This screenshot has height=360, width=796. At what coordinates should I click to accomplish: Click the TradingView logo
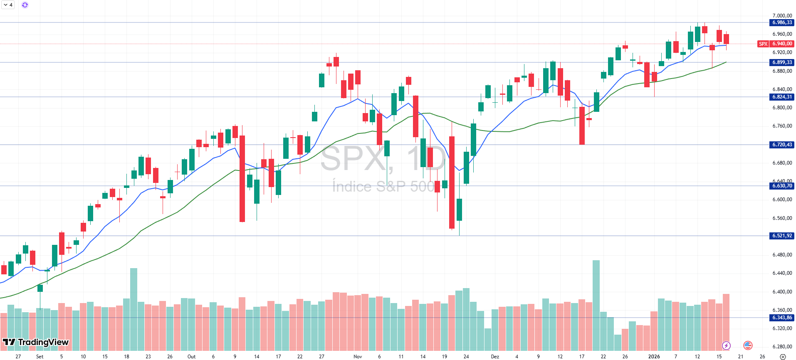[x=36, y=342]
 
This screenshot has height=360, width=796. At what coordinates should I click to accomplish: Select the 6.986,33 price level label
[x=782, y=22]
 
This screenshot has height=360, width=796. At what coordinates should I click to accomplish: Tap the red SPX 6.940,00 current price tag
[x=776, y=44]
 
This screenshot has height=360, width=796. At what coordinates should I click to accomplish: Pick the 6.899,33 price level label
[x=782, y=62]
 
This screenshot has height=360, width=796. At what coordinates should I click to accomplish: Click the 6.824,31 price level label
[x=782, y=97]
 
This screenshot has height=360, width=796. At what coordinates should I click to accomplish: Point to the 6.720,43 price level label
[x=782, y=145]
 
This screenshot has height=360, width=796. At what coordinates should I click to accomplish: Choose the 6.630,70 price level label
[x=782, y=186]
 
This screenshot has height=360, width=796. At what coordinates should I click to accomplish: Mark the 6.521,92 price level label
[x=782, y=236]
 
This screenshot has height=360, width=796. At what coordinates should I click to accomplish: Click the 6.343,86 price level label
[x=782, y=318]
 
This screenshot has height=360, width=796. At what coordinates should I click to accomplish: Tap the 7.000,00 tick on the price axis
[x=782, y=16]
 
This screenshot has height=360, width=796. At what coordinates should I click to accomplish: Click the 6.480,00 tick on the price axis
[x=782, y=255]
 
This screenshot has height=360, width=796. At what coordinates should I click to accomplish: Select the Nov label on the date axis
[x=358, y=356]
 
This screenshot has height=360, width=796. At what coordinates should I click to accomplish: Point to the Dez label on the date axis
[x=495, y=356]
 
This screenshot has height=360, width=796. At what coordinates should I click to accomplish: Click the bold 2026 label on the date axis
[x=654, y=356]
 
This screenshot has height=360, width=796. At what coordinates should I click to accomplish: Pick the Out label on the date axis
[x=191, y=356]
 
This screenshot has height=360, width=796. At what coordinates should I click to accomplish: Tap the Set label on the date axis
[x=40, y=356]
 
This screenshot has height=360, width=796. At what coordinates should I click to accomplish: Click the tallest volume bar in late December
[x=596, y=306]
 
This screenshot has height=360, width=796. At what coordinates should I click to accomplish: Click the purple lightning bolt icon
[x=726, y=345]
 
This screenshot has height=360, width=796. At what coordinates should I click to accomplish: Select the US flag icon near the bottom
[x=748, y=345]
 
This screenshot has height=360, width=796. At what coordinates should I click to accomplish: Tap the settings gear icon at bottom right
[x=783, y=356]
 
